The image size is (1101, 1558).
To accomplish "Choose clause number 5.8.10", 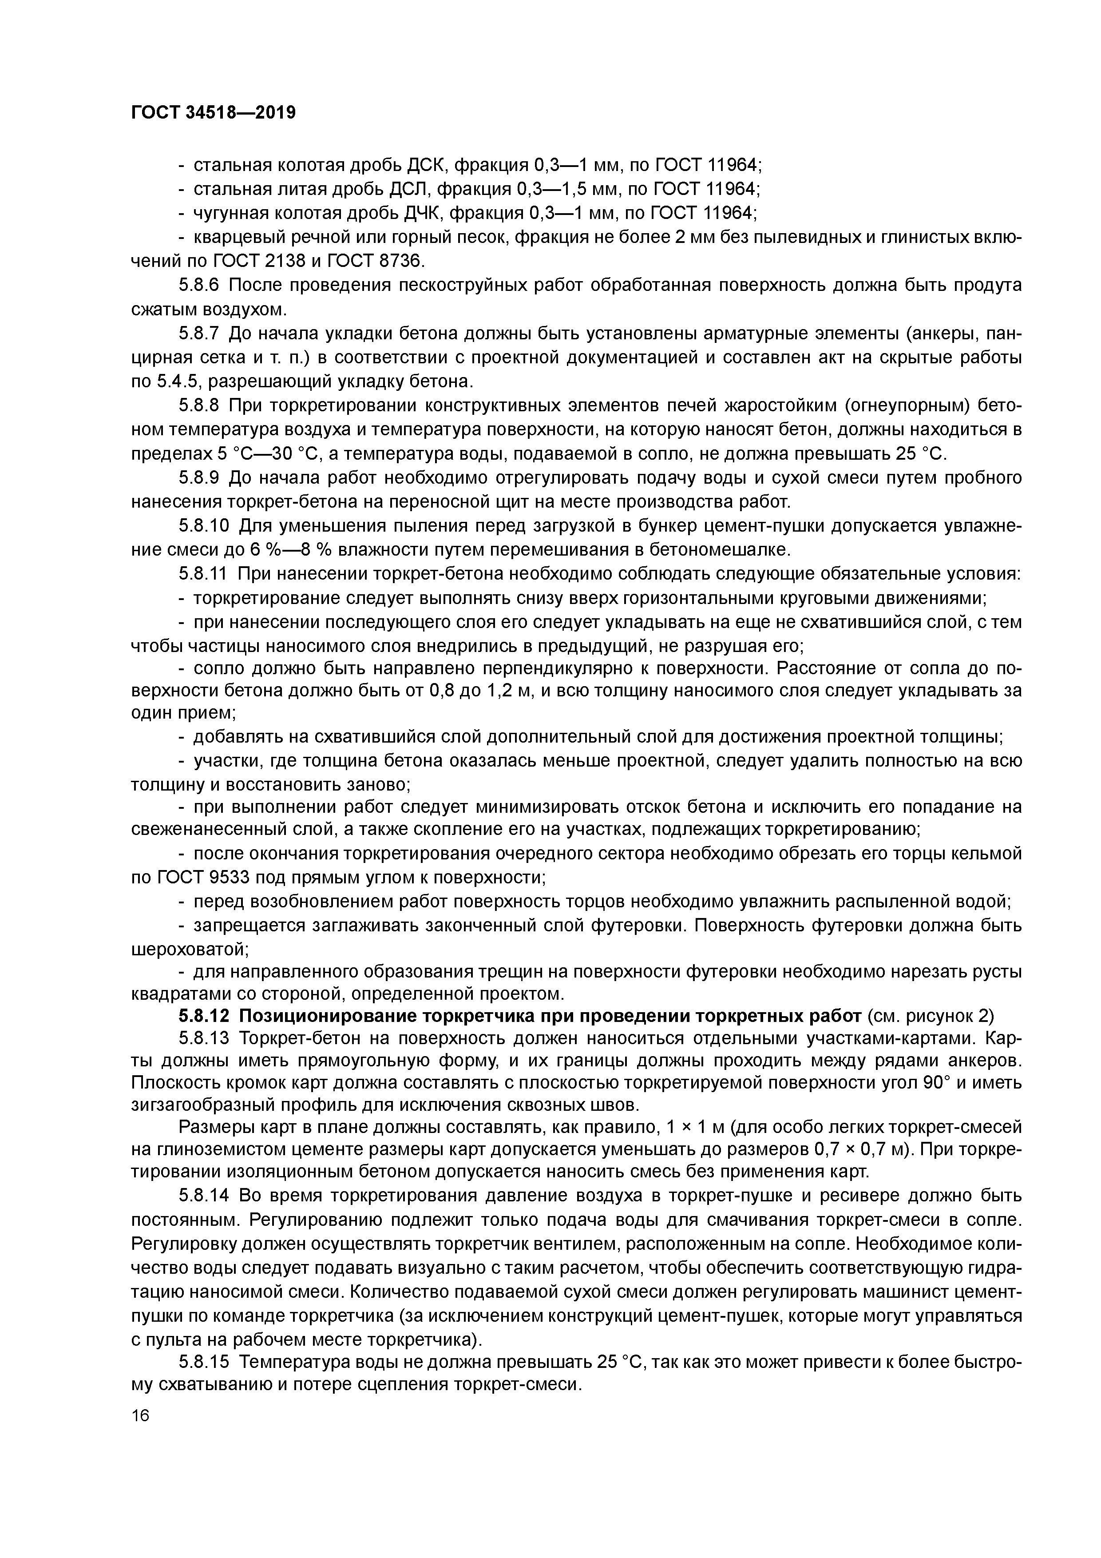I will (x=204, y=526).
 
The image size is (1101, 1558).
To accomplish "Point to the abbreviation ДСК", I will (x=425, y=165).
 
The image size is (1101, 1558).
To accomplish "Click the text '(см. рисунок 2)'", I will (x=930, y=1016).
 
